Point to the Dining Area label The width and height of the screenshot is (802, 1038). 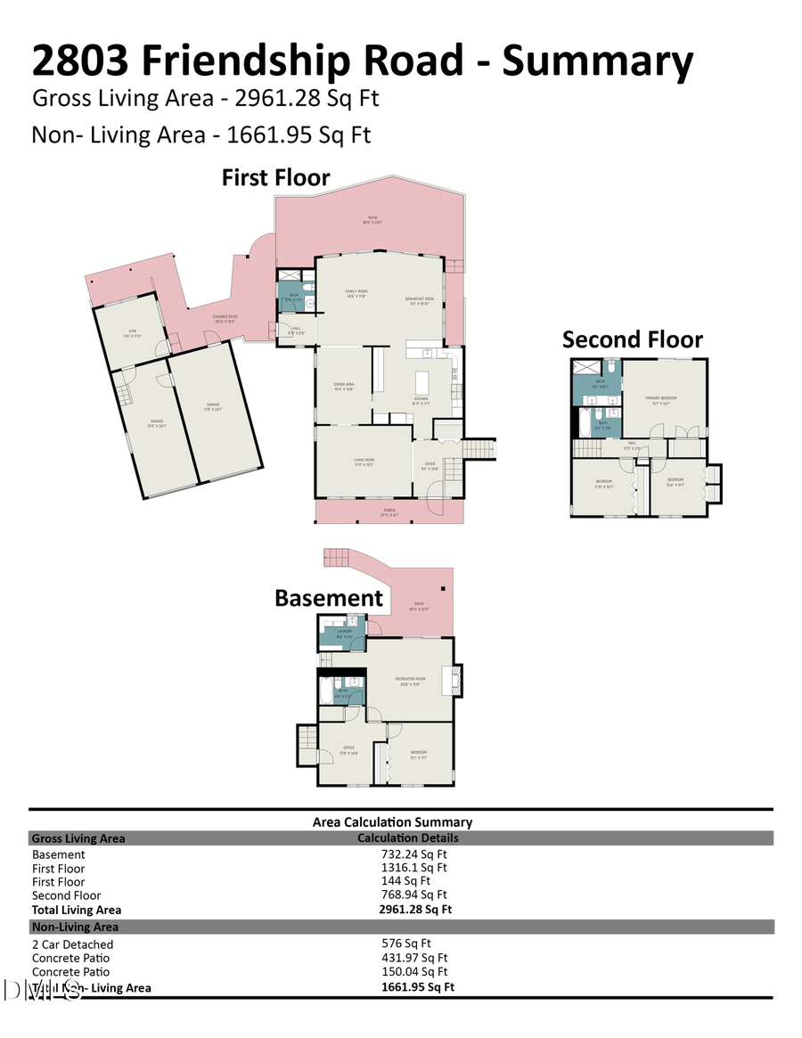343,386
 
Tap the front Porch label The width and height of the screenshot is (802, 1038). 389,511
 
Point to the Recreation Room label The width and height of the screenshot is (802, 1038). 410,680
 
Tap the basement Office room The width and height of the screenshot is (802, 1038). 349,751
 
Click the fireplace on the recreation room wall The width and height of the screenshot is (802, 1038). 457,681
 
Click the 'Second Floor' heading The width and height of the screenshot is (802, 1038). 632,339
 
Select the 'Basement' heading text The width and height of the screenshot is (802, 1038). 328,598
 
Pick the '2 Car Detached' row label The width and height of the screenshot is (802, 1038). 72,944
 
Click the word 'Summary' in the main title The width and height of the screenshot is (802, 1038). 597,61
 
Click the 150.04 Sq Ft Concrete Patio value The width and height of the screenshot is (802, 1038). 414,971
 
